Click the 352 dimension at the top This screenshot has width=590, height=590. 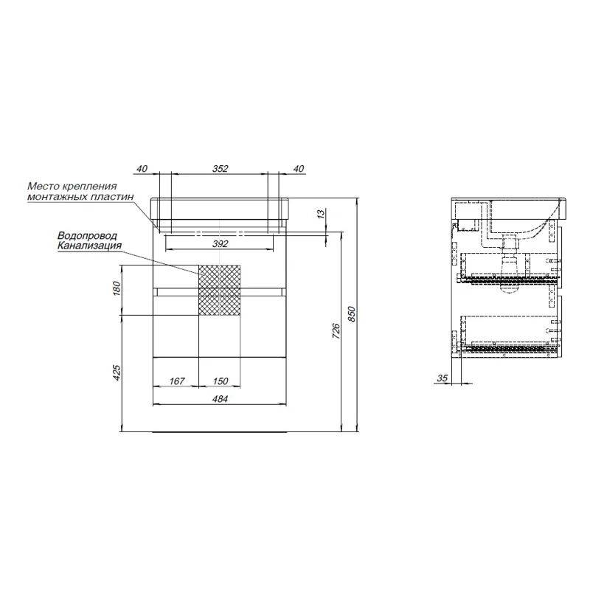pos(220,169)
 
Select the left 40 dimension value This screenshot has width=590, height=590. pos(142,169)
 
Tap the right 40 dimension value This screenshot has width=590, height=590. pos(299,169)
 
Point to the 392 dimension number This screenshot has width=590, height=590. pos(220,244)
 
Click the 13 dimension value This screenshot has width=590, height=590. pos(321,214)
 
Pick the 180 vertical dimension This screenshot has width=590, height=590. pos(117,288)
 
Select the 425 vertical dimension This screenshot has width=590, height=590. pos(117,372)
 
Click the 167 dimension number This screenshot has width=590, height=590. pos(177,381)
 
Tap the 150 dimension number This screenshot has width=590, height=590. pos(221,381)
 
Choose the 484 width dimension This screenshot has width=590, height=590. pos(220,398)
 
